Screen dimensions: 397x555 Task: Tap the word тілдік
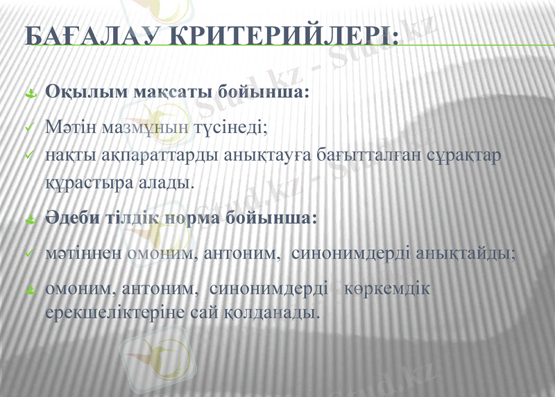133,218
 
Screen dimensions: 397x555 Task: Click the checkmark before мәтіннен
29,254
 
